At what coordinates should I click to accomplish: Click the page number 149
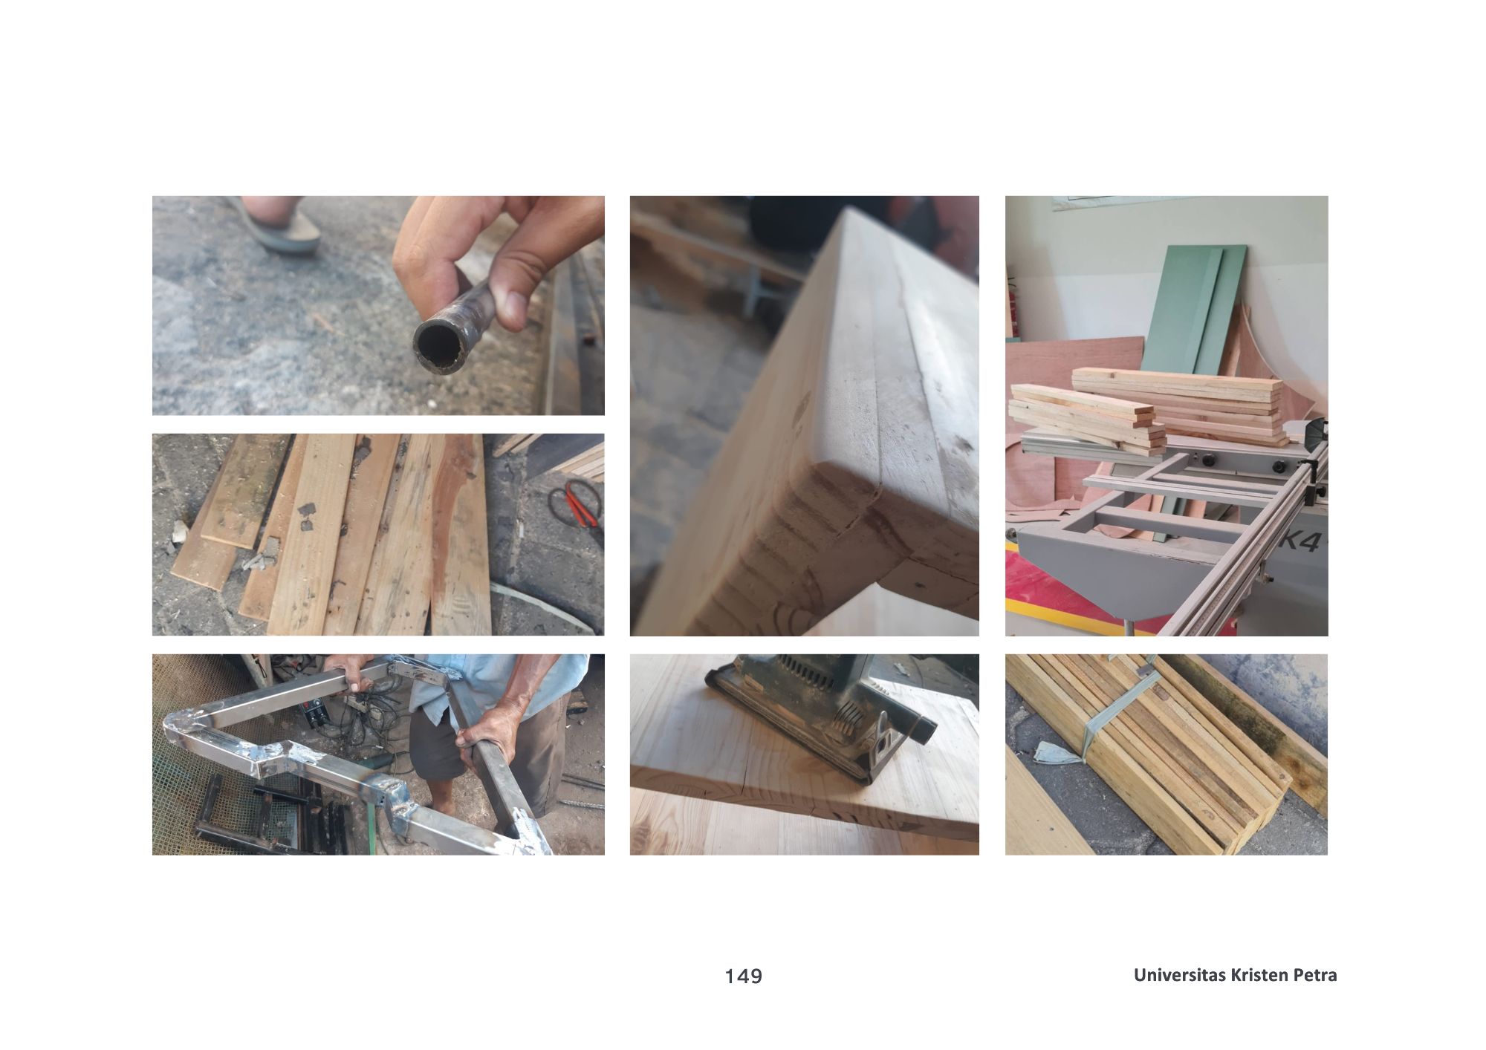click(x=744, y=976)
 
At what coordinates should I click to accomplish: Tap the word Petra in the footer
click(x=1315, y=975)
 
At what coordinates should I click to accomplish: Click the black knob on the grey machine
click(x=1279, y=467)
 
